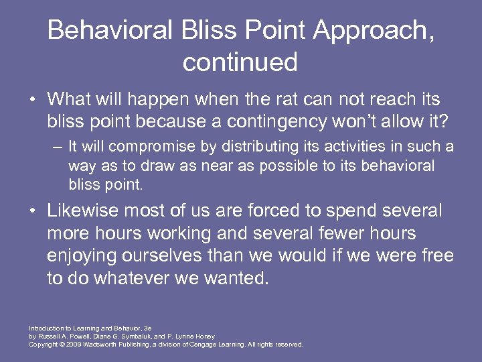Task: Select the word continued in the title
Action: tap(240, 62)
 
